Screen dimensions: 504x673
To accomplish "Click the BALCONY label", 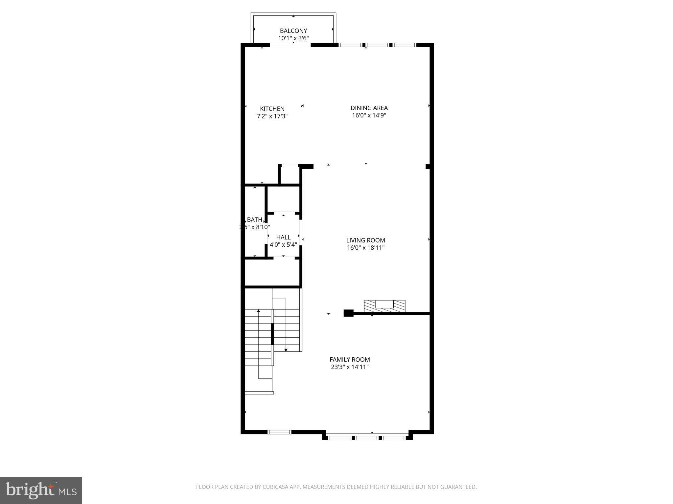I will [293, 31].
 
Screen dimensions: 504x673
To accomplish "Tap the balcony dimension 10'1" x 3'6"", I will [293, 38].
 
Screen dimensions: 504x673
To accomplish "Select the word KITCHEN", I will [272, 109].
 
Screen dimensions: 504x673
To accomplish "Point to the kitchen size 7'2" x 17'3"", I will [272, 116].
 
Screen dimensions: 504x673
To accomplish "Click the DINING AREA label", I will [369, 108].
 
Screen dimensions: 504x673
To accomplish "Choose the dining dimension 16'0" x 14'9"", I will [369, 115].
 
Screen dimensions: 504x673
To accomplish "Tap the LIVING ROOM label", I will [365, 241].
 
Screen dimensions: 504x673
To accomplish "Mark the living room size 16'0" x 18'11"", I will [365, 248].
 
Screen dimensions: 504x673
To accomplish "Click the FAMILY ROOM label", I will [350, 360].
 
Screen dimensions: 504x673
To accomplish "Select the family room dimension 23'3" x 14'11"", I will [350, 367].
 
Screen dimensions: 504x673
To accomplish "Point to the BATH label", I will [255, 220].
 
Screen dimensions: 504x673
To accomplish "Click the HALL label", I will [283, 237].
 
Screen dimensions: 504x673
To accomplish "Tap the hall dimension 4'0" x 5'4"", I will [283, 245].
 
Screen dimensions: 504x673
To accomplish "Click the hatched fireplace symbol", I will [384, 306].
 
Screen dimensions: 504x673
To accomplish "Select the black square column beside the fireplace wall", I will [348, 313].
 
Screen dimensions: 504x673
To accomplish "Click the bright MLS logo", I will [41, 491].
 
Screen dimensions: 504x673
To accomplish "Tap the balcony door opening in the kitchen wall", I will [290, 45].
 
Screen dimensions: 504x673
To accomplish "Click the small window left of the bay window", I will [279, 432].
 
